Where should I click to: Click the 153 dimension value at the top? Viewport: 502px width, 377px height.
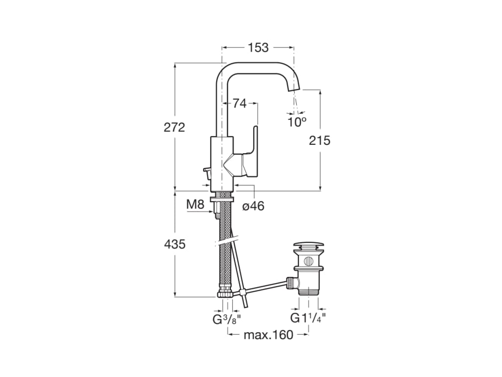pyautogui.click(x=258, y=48)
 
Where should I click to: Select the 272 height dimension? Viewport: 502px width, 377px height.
pyautogui.click(x=175, y=127)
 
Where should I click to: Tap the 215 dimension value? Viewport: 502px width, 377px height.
pyautogui.click(x=320, y=140)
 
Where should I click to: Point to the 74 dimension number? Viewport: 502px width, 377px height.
pyautogui.click(x=239, y=104)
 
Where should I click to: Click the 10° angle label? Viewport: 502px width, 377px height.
pyautogui.click(x=297, y=122)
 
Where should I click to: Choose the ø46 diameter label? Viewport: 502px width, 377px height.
pyautogui.click(x=253, y=206)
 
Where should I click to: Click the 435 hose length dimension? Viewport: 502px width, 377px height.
pyautogui.click(x=175, y=244)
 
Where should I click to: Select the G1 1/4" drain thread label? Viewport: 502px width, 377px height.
pyautogui.click(x=308, y=318)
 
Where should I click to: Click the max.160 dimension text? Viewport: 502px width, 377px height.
pyautogui.click(x=268, y=335)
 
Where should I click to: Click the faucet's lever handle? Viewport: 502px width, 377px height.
pyautogui.click(x=253, y=147)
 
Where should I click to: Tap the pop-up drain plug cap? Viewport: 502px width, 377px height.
pyautogui.click(x=308, y=245)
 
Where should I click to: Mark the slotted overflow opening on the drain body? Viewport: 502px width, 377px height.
pyautogui.click(x=308, y=261)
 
